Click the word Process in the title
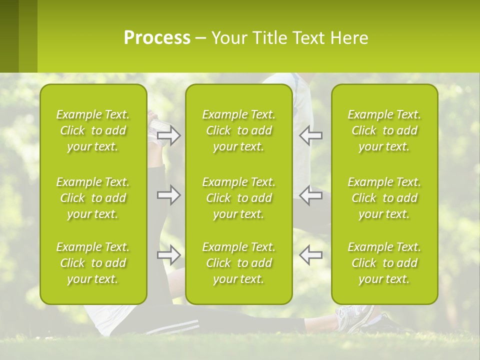pyautogui.click(x=157, y=38)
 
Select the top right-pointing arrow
pyautogui.click(x=168, y=135)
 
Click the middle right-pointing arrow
pyautogui.click(x=168, y=195)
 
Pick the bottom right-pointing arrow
pyautogui.click(x=168, y=255)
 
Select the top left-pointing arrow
pyautogui.click(x=311, y=135)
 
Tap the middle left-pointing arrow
pyautogui.click(x=311, y=195)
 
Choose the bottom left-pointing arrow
pyautogui.click(x=311, y=255)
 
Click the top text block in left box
pyautogui.click(x=93, y=130)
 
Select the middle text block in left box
pyautogui.click(x=93, y=198)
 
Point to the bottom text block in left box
pyautogui.click(x=93, y=263)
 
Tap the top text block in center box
pyautogui.click(x=238, y=130)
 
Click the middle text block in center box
pyautogui.click(x=238, y=198)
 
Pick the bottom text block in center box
pyautogui.click(x=238, y=263)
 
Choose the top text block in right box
pyautogui.click(x=384, y=130)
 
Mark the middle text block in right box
pyautogui.click(x=384, y=198)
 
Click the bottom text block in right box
pyautogui.click(x=384, y=263)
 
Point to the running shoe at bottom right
pyautogui.click(x=356, y=317)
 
